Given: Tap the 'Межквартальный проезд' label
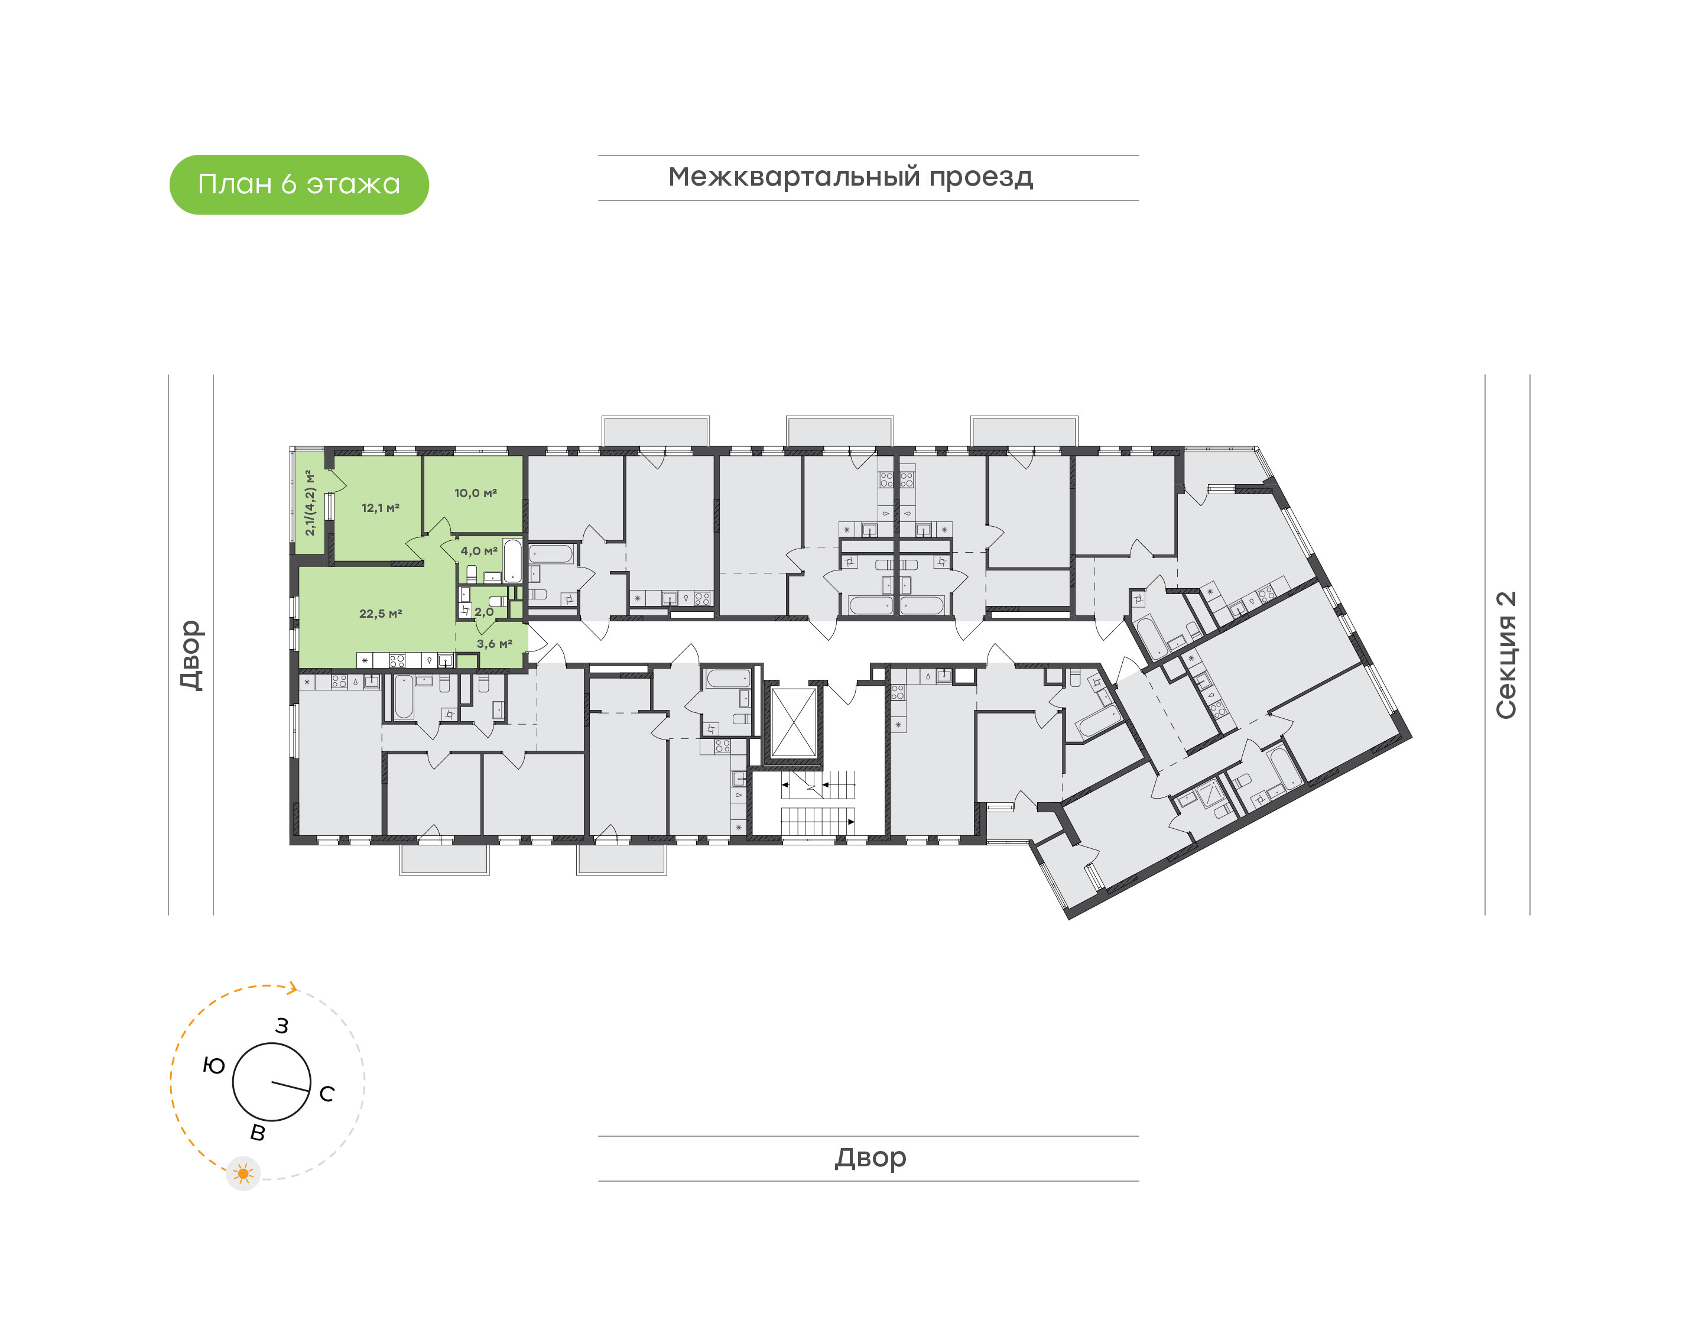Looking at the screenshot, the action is pyautogui.click(x=850, y=177).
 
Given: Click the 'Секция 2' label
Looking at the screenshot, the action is pyautogui.click(x=1506, y=656).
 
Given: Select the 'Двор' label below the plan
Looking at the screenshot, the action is pyautogui.click(x=870, y=1157).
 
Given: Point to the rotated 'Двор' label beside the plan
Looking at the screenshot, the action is pyautogui.click(x=191, y=656).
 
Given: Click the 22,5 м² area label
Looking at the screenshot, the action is pyautogui.click(x=381, y=614).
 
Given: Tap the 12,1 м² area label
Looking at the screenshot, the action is pyautogui.click(x=381, y=508).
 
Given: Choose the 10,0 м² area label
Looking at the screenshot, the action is pyautogui.click(x=475, y=494).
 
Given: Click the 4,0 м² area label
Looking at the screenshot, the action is pyautogui.click(x=479, y=552).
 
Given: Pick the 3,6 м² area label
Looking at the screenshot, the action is pyautogui.click(x=494, y=644).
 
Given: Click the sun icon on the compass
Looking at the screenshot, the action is pyautogui.click(x=243, y=1174).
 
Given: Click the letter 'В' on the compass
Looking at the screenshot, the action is pyautogui.click(x=257, y=1133).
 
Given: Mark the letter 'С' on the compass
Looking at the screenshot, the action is pyautogui.click(x=327, y=1094).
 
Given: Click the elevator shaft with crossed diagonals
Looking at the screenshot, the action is pyautogui.click(x=794, y=723).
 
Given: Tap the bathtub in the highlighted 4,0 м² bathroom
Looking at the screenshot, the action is pyautogui.click(x=512, y=560).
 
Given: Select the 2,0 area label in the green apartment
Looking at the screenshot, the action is pyautogui.click(x=484, y=612).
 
